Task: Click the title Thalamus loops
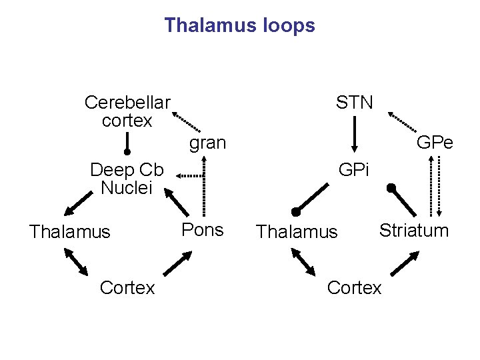pyautogui.click(x=239, y=26)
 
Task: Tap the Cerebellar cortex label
pyautogui.click(x=127, y=112)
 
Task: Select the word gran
pyautogui.click(x=207, y=143)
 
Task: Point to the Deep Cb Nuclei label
pyautogui.click(x=127, y=178)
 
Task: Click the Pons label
pyautogui.click(x=203, y=229)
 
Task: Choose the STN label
pyautogui.click(x=355, y=103)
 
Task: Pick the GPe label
pyautogui.click(x=435, y=143)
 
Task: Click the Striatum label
pyautogui.click(x=414, y=231)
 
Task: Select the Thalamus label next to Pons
pyautogui.click(x=69, y=232)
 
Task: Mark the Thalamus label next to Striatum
pyautogui.click(x=297, y=232)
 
